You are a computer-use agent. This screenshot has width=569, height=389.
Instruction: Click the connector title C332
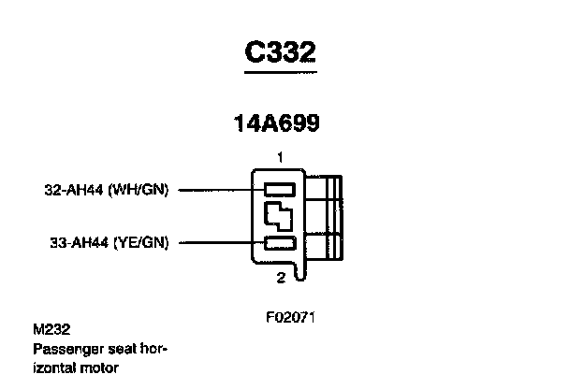(x=280, y=52)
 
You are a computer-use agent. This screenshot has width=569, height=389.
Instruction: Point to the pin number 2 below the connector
(x=280, y=278)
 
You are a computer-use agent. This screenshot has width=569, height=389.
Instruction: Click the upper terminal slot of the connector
(x=279, y=189)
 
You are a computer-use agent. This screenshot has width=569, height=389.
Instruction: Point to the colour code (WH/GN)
(x=139, y=189)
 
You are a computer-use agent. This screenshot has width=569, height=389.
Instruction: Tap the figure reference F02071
(x=290, y=316)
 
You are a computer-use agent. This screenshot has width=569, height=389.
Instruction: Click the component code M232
(x=51, y=330)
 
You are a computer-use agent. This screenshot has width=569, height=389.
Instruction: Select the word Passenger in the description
(x=66, y=349)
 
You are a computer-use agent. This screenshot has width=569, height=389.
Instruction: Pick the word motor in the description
(x=102, y=368)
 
